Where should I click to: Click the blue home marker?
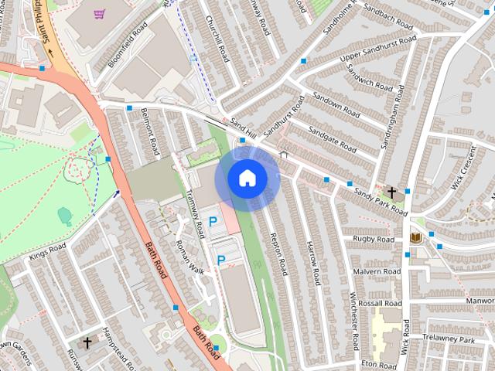click(246, 178)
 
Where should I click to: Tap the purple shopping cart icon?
click(99, 13)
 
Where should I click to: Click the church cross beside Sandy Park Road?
click(392, 192)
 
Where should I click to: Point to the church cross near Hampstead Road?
click(87, 341)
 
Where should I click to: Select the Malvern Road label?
click(376, 272)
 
